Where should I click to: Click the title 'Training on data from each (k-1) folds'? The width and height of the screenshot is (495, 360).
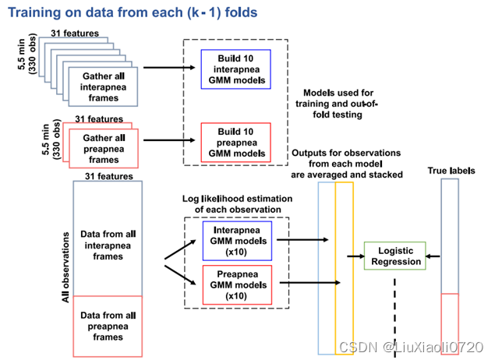132,13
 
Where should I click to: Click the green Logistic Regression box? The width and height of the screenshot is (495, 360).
395,256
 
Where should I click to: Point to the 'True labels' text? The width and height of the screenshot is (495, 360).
452,170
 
